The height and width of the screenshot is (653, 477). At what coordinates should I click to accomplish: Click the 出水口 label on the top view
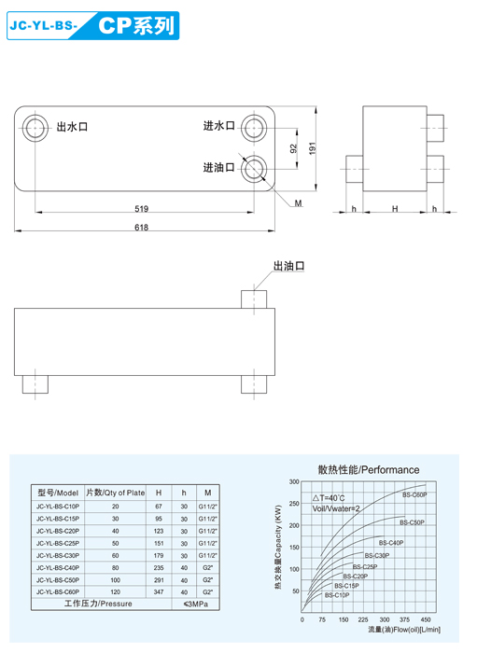[72, 127]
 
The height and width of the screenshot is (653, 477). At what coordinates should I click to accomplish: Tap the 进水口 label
[219, 126]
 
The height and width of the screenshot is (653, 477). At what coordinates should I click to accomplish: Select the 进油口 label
[219, 168]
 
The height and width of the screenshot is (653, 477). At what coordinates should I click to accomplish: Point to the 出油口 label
[289, 267]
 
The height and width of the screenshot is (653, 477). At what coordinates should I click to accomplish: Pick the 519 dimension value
[142, 209]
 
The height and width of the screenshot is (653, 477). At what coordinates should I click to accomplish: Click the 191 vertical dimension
[313, 147]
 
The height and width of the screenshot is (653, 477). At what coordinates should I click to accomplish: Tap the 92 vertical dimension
[293, 148]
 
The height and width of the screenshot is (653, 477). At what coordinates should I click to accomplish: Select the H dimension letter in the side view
[395, 209]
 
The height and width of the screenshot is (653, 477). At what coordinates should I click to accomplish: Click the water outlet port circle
[35, 128]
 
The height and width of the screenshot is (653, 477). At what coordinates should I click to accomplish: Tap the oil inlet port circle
[254, 169]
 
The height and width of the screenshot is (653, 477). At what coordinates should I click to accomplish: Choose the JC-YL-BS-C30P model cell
[58, 555]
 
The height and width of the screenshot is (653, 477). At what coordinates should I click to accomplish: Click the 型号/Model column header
[58, 492]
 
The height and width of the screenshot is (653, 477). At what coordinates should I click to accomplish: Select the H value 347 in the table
[159, 591]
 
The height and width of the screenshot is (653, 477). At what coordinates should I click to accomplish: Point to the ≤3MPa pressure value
[196, 604]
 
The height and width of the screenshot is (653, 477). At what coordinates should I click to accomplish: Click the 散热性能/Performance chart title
[369, 469]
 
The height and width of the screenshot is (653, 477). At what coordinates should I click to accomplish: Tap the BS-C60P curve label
[414, 495]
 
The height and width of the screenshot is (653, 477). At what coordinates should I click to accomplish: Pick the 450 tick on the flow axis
[426, 619]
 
